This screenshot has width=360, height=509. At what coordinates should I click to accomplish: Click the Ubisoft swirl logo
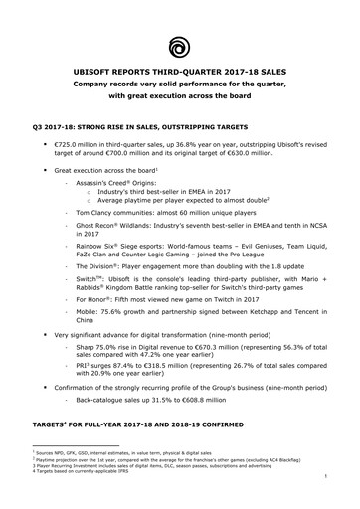[x=180, y=45]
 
